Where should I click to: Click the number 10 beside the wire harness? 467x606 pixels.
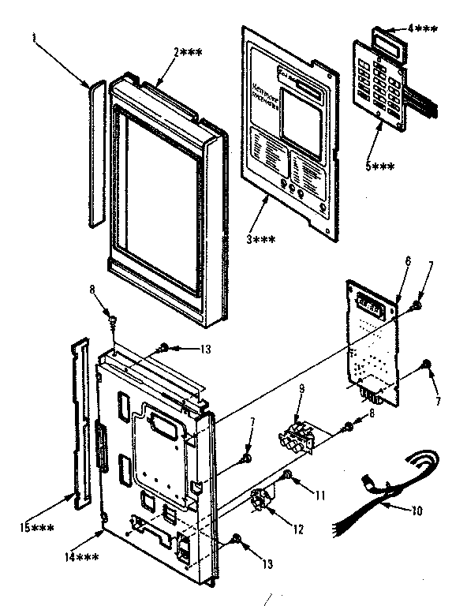[417, 511]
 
